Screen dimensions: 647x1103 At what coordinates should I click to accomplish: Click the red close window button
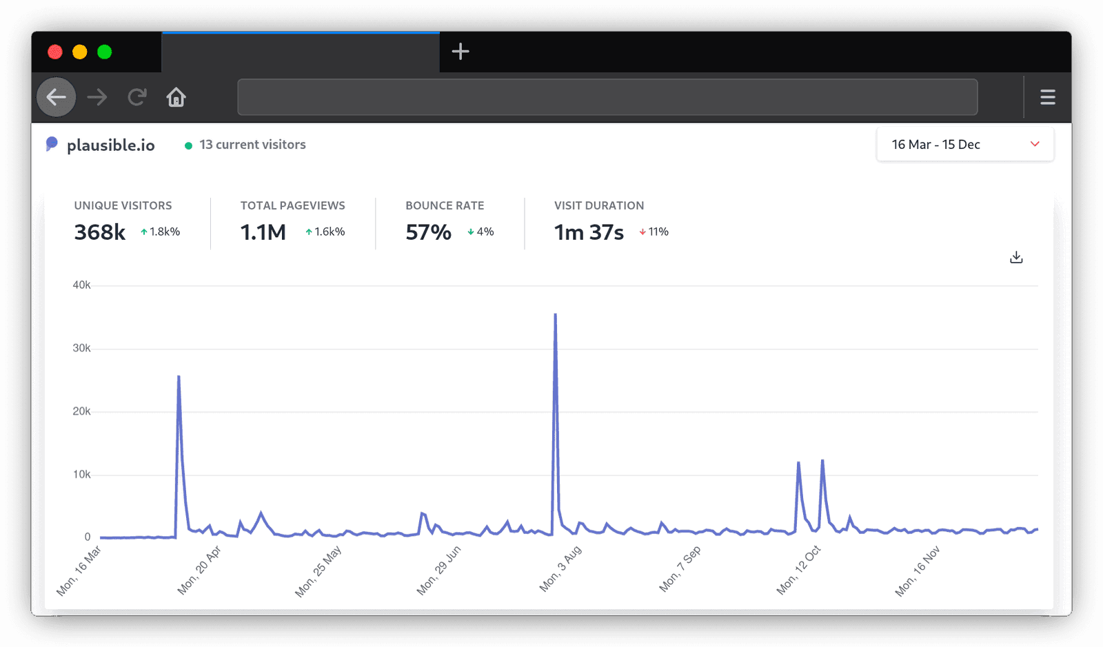[55, 52]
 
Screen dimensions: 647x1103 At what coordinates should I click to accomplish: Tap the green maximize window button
[105, 52]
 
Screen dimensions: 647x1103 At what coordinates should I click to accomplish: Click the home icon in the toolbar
[176, 97]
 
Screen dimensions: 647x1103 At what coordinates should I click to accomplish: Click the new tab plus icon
[461, 52]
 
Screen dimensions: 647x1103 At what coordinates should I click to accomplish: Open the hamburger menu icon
[1047, 97]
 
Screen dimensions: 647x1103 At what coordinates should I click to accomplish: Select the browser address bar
[607, 97]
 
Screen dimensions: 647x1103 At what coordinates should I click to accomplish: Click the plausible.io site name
[110, 145]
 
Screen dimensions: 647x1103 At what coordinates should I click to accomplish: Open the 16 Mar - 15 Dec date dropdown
[964, 145]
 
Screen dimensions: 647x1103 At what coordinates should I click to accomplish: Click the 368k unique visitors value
[100, 232]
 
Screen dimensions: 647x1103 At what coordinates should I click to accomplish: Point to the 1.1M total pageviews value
[263, 232]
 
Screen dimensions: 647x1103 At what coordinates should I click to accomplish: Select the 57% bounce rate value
[428, 232]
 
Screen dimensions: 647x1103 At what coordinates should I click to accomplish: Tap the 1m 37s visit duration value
[589, 232]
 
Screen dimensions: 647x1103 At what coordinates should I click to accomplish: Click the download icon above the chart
[1016, 258]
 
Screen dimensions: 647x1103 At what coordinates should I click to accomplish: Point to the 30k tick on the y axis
[81, 349]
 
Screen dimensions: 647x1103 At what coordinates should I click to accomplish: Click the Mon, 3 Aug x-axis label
[560, 569]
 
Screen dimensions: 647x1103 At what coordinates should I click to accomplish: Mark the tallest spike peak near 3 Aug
[555, 315]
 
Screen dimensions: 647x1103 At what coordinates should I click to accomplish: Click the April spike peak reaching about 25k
[179, 377]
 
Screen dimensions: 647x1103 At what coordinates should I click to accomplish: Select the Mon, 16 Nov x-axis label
[918, 571]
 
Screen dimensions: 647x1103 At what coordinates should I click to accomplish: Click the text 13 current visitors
[252, 145]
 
